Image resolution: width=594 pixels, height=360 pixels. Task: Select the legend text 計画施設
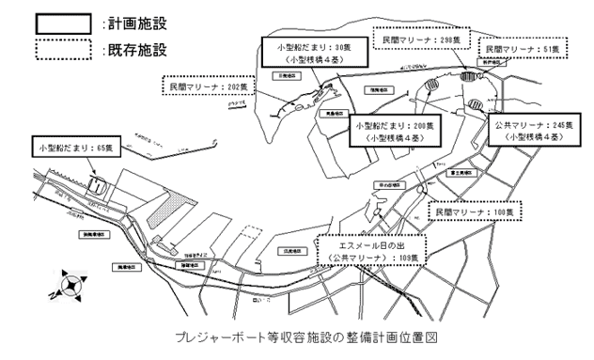[x=133, y=20]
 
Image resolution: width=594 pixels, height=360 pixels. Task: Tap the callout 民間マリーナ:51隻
[x=522, y=47]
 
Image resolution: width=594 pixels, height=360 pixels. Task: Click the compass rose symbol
[x=70, y=280]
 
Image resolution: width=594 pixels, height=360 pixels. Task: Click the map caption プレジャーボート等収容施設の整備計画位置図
[x=296, y=335]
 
